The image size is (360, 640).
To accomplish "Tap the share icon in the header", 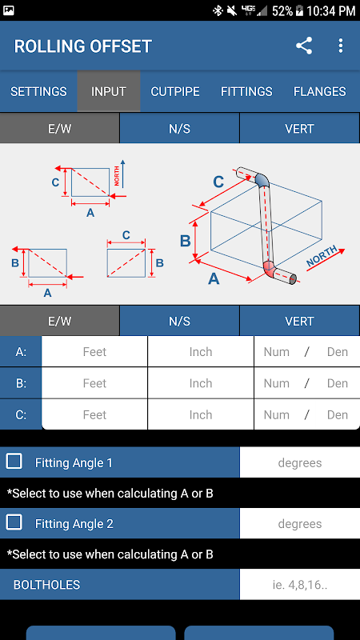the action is (304, 46).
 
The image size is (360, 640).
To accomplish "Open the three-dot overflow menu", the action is (341, 46).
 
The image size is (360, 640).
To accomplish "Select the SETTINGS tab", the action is (38, 91).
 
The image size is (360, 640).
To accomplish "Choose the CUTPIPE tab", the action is (175, 91).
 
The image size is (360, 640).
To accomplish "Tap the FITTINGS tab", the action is (246, 91).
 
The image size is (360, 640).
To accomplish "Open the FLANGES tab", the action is (319, 91).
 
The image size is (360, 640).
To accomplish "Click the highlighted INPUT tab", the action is (109, 91).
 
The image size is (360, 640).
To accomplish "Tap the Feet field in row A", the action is (94, 351).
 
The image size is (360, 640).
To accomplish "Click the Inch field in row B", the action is (201, 383).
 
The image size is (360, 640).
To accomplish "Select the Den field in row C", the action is (338, 414).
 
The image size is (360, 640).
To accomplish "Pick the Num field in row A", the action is (276, 351).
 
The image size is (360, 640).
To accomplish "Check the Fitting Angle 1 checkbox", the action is (14, 462).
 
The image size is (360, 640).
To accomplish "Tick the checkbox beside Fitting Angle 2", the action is (14, 522).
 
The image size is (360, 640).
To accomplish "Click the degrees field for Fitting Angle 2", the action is (300, 524).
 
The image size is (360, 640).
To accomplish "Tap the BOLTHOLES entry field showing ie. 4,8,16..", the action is (300, 585).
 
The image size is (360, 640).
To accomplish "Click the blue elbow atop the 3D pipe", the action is (262, 179).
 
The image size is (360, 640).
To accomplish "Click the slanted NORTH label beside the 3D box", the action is (322, 256).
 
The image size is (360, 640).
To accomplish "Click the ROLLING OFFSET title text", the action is (83, 46).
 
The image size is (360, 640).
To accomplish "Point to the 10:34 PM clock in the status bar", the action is (331, 11).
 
